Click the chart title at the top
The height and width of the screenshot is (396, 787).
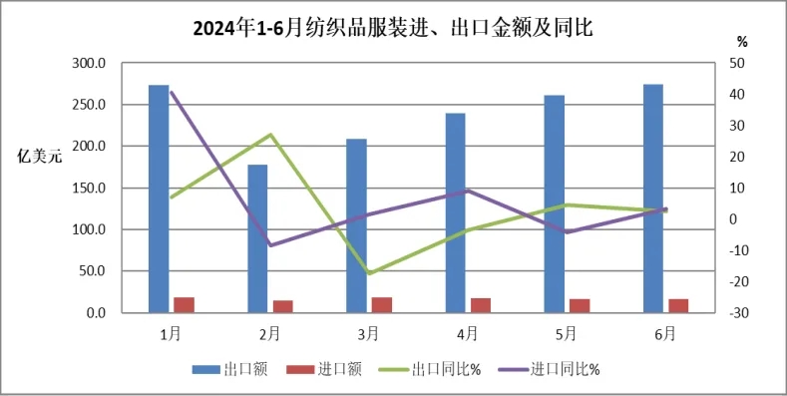pyautogui.click(x=393, y=28)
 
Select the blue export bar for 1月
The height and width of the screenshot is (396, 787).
pyautogui.click(x=159, y=198)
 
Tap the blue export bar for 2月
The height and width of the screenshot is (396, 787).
pyautogui.click(x=257, y=238)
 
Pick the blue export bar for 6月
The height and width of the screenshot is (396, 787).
pyautogui.click(x=653, y=198)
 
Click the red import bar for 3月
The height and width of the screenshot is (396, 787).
pyautogui.click(x=381, y=305)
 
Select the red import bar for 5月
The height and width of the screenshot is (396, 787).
pyautogui.click(x=580, y=305)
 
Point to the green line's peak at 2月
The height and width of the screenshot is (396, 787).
pyautogui.click(x=270, y=135)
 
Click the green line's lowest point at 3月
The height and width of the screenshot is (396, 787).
pyautogui.click(x=369, y=273)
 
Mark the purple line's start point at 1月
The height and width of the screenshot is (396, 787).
pyautogui.click(x=172, y=92)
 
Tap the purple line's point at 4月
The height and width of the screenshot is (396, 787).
pyautogui.click(x=468, y=191)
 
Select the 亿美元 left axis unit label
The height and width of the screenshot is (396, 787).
pyautogui.click(x=39, y=156)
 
